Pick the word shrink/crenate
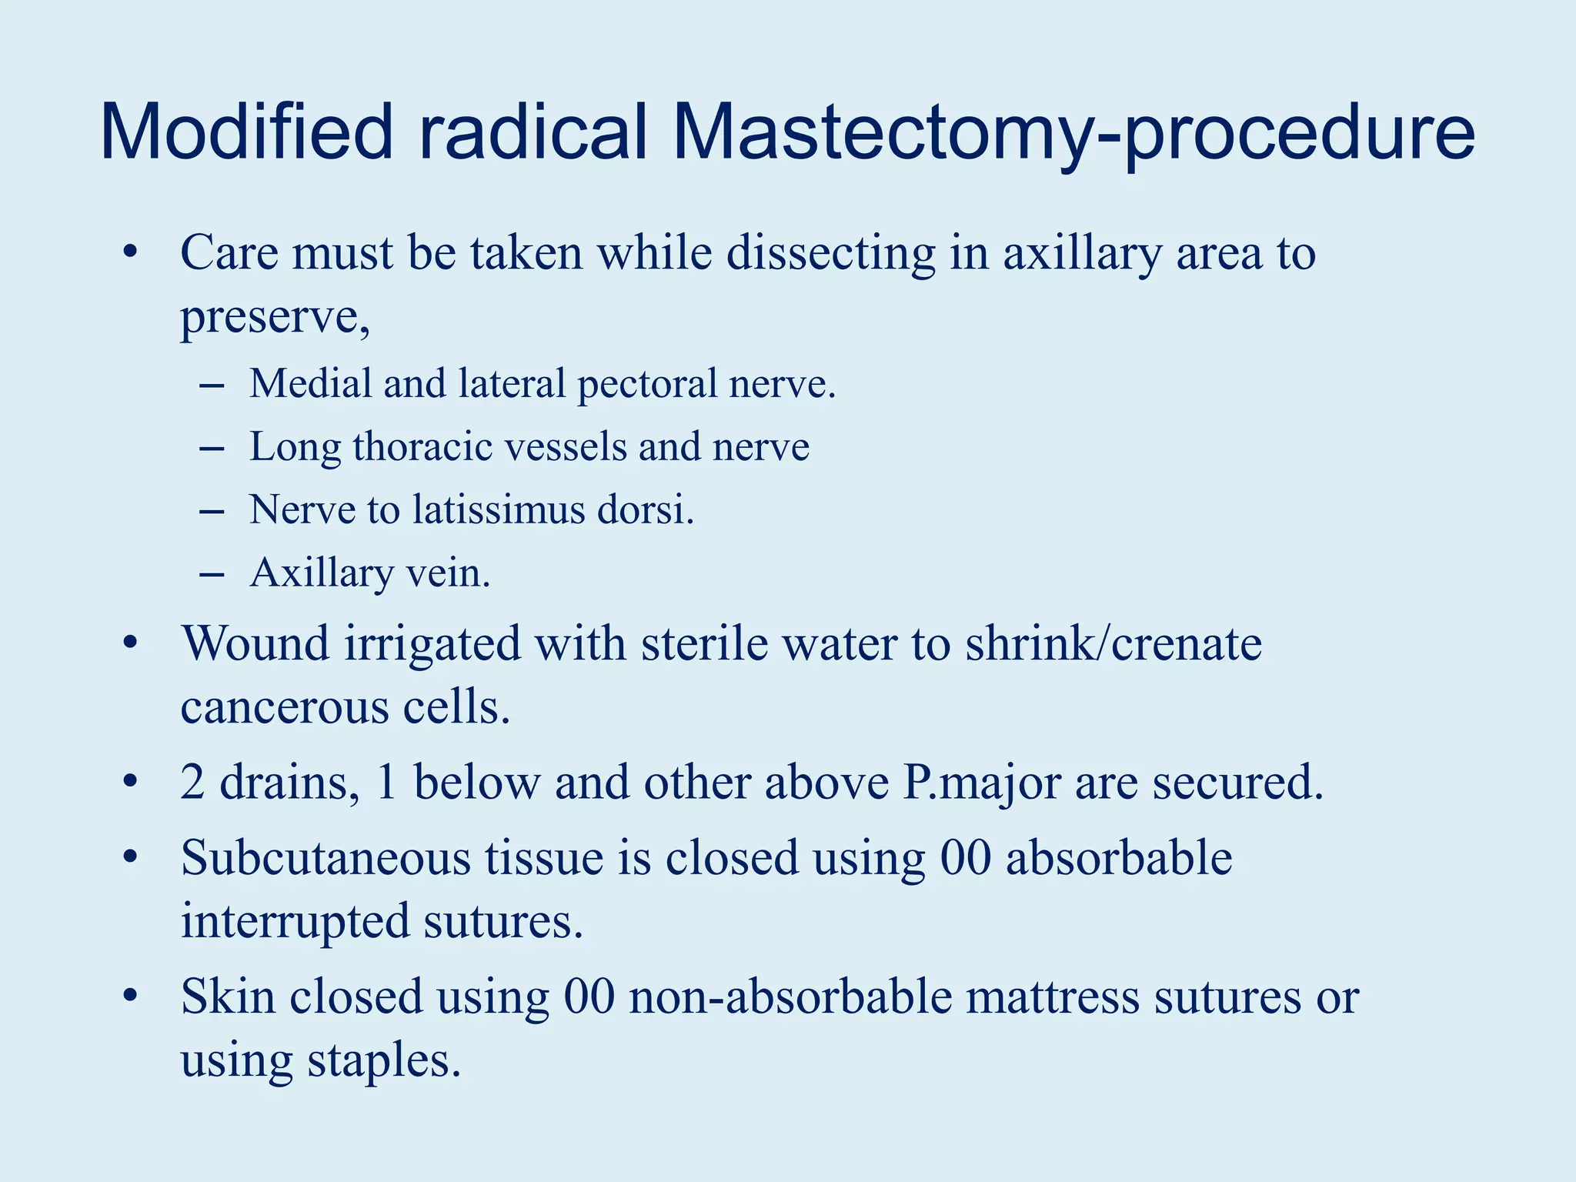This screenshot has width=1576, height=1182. (1114, 643)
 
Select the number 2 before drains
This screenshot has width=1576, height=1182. (192, 783)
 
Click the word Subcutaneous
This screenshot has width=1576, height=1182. (325, 858)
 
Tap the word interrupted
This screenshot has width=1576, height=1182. (295, 921)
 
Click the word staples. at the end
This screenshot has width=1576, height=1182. (384, 1060)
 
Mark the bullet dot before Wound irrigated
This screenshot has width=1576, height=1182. (130, 643)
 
